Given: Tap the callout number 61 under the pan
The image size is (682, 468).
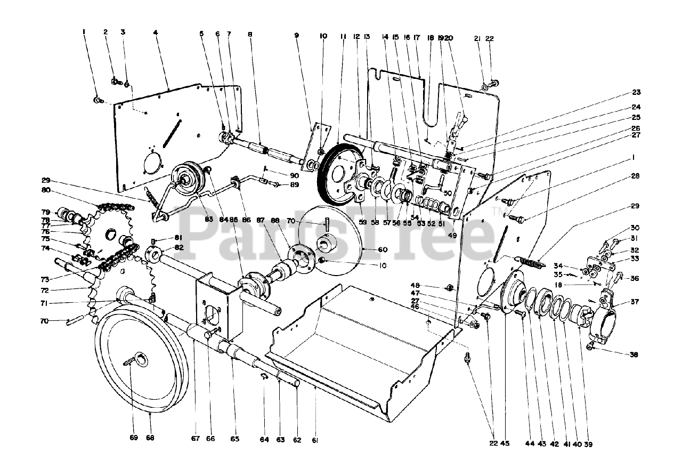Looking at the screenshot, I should (x=315, y=440).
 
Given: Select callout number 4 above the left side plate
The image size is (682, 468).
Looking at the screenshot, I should (x=156, y=33).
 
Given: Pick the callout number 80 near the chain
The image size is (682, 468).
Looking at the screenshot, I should (x=46, y=190).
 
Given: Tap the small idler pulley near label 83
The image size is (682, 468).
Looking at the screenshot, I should (x=186, y=177).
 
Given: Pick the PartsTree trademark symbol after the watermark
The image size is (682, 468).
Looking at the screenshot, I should (x=498, y=214).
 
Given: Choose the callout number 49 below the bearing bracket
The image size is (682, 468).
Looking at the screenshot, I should (x=452, y=235).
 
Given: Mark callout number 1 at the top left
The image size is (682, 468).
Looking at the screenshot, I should (x=84, y=33).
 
